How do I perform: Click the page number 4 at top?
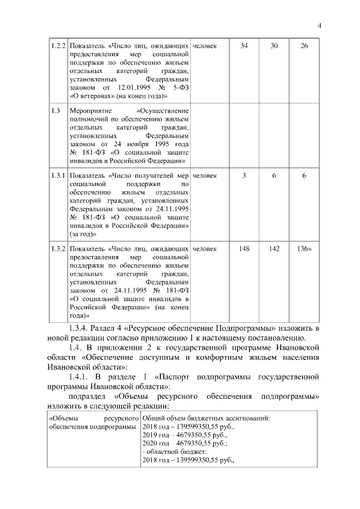click(x=318, y=25)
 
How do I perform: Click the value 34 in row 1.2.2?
click(x=244, y=46)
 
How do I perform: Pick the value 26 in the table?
click(x=304, y=46)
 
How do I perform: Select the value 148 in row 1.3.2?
click(x=244, y=249)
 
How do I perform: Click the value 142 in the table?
click(x=274, y=249)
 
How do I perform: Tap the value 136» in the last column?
click(x=304, y=249)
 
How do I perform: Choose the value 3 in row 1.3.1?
click(x=244, y=176)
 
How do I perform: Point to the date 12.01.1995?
click(x=136, y=88)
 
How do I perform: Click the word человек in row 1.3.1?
click(x=204, y=176)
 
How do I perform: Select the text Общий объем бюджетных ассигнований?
click(x=206, y=419)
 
